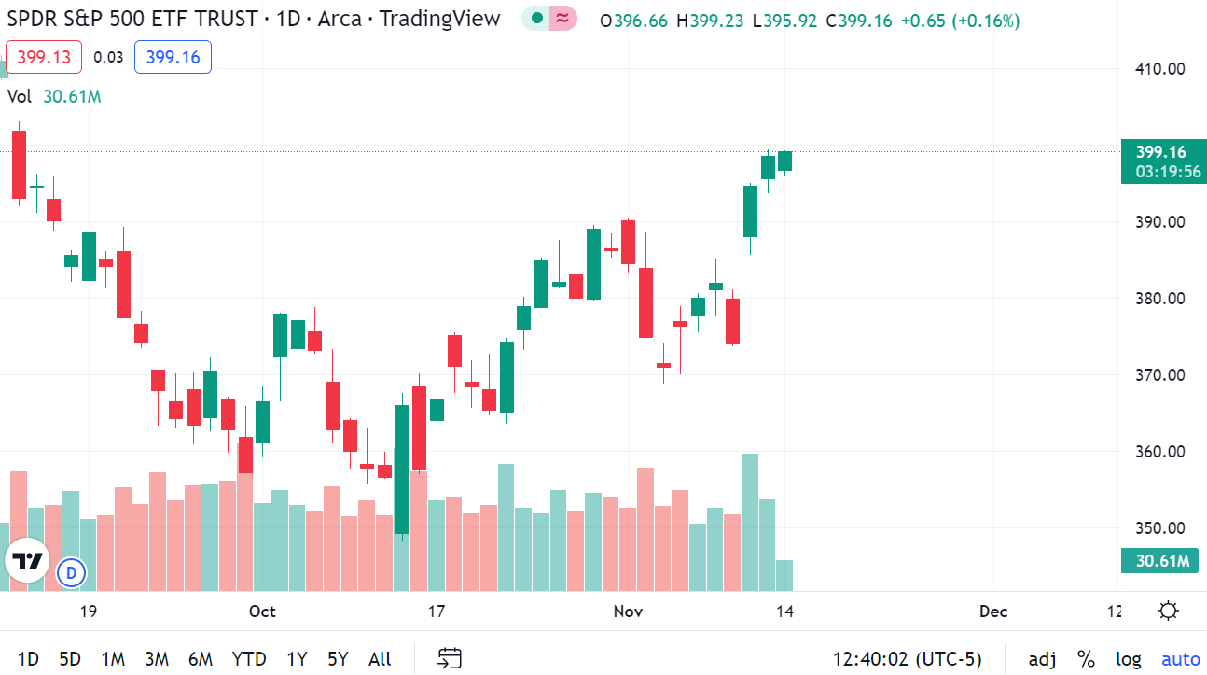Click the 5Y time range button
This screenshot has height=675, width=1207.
pos(338,659)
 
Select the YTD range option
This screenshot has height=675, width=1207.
pos(249,659)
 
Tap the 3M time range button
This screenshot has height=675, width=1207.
pos(156,659)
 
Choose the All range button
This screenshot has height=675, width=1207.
pos(380,659)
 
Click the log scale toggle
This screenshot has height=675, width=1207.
pos(1128,659)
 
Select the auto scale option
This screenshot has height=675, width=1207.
pos(1181,659)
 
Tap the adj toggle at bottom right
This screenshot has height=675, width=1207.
pos(1043,659)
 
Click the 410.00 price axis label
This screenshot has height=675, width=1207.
pos(1158,68)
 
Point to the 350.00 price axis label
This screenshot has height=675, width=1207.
pos(1158,527)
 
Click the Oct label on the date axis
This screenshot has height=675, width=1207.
pos(262,612)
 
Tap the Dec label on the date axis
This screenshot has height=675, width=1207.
pos(993,612)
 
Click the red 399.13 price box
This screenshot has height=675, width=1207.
pos(44,58)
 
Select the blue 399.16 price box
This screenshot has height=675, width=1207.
pos(173,58)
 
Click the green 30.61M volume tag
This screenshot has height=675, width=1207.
pos(1159,560)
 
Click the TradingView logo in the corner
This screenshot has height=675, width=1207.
pos(28,561)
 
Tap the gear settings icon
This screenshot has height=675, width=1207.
pos(1168,612)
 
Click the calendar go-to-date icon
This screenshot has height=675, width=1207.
pos(451,659)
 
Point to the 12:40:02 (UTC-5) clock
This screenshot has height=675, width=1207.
pos(907,659)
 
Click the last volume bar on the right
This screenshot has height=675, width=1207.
pos(784,575)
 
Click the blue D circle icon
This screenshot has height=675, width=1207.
pos(71,572)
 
